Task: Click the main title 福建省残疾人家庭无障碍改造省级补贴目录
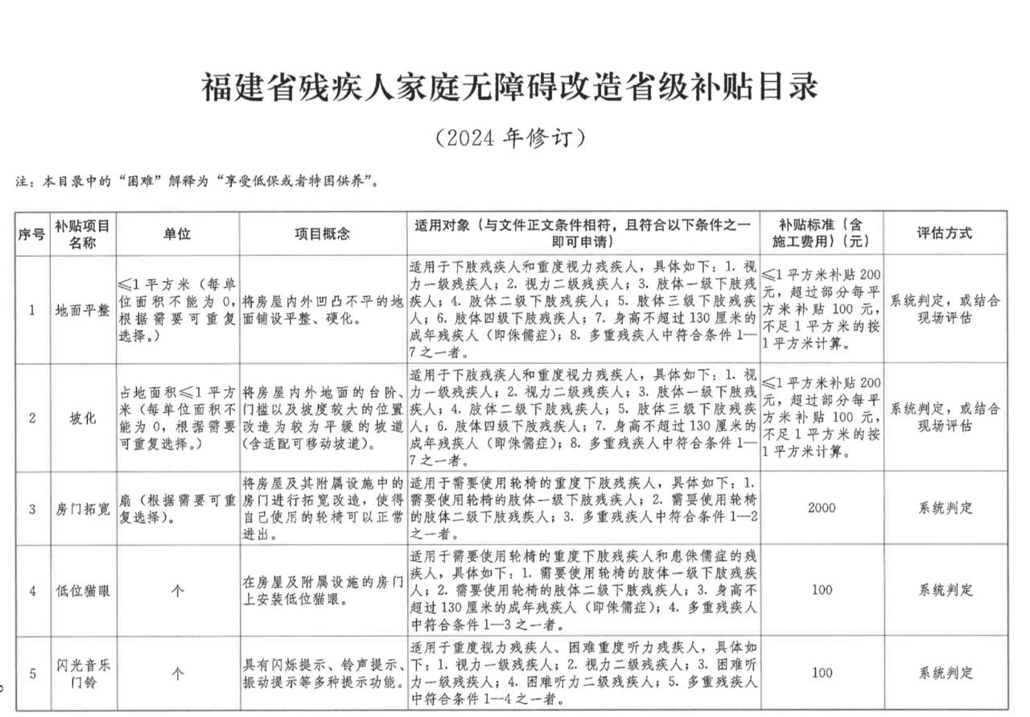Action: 509,87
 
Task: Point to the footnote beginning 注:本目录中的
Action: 196,182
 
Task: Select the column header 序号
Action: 32,234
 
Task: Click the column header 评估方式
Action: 945,233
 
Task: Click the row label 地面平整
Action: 82,310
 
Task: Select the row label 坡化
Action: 82,418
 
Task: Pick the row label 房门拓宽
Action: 82,509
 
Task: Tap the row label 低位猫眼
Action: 82,591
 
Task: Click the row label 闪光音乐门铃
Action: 82,674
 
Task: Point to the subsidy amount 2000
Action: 822,509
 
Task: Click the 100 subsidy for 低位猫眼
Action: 822,591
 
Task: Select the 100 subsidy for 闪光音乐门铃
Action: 822,673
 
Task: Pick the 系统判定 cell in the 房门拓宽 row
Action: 945,509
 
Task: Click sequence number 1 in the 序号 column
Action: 32,310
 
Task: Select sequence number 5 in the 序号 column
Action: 32,674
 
